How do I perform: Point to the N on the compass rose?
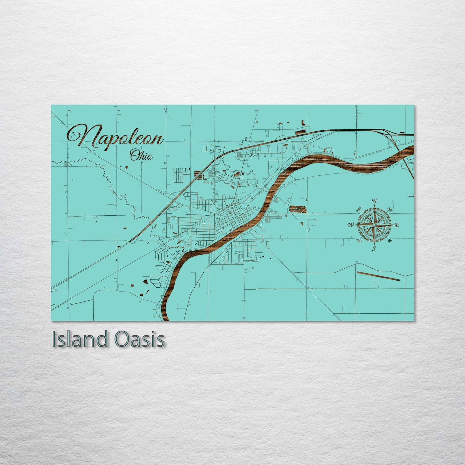pos(375,201)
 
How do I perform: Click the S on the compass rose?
pos(374,248)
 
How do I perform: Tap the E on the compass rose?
pos(397,225)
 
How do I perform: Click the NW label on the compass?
pos(358,211)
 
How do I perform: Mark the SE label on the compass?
pos(390,240)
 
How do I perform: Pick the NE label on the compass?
pos(390,210)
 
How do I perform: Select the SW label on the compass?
pos(358,240)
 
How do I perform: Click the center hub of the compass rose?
pos(374,225)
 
